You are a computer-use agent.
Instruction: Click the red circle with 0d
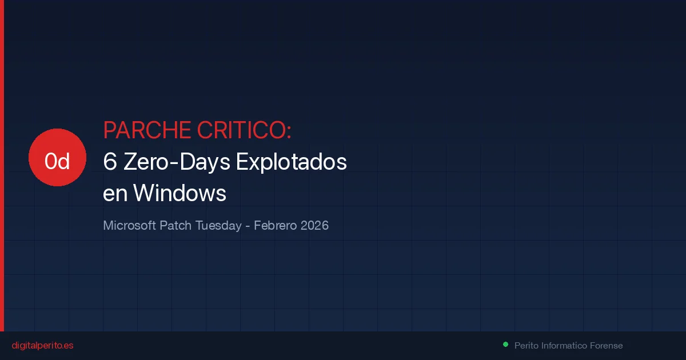pos(57,158)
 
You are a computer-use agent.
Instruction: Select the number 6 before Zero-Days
pos(110,162)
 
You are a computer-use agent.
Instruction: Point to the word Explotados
pos(292,162)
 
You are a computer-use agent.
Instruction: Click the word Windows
pos(180,194)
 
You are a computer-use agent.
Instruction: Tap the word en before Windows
pos(115,194)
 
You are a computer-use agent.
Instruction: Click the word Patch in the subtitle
pos(176,226)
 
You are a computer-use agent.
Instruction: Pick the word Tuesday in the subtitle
pos(218,226)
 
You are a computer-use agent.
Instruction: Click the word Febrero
pos(275,226)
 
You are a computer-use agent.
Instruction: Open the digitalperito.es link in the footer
pos(42,346)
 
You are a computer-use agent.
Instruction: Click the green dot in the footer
pos(505,345)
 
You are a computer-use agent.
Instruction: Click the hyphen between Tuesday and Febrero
pos(248,226)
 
